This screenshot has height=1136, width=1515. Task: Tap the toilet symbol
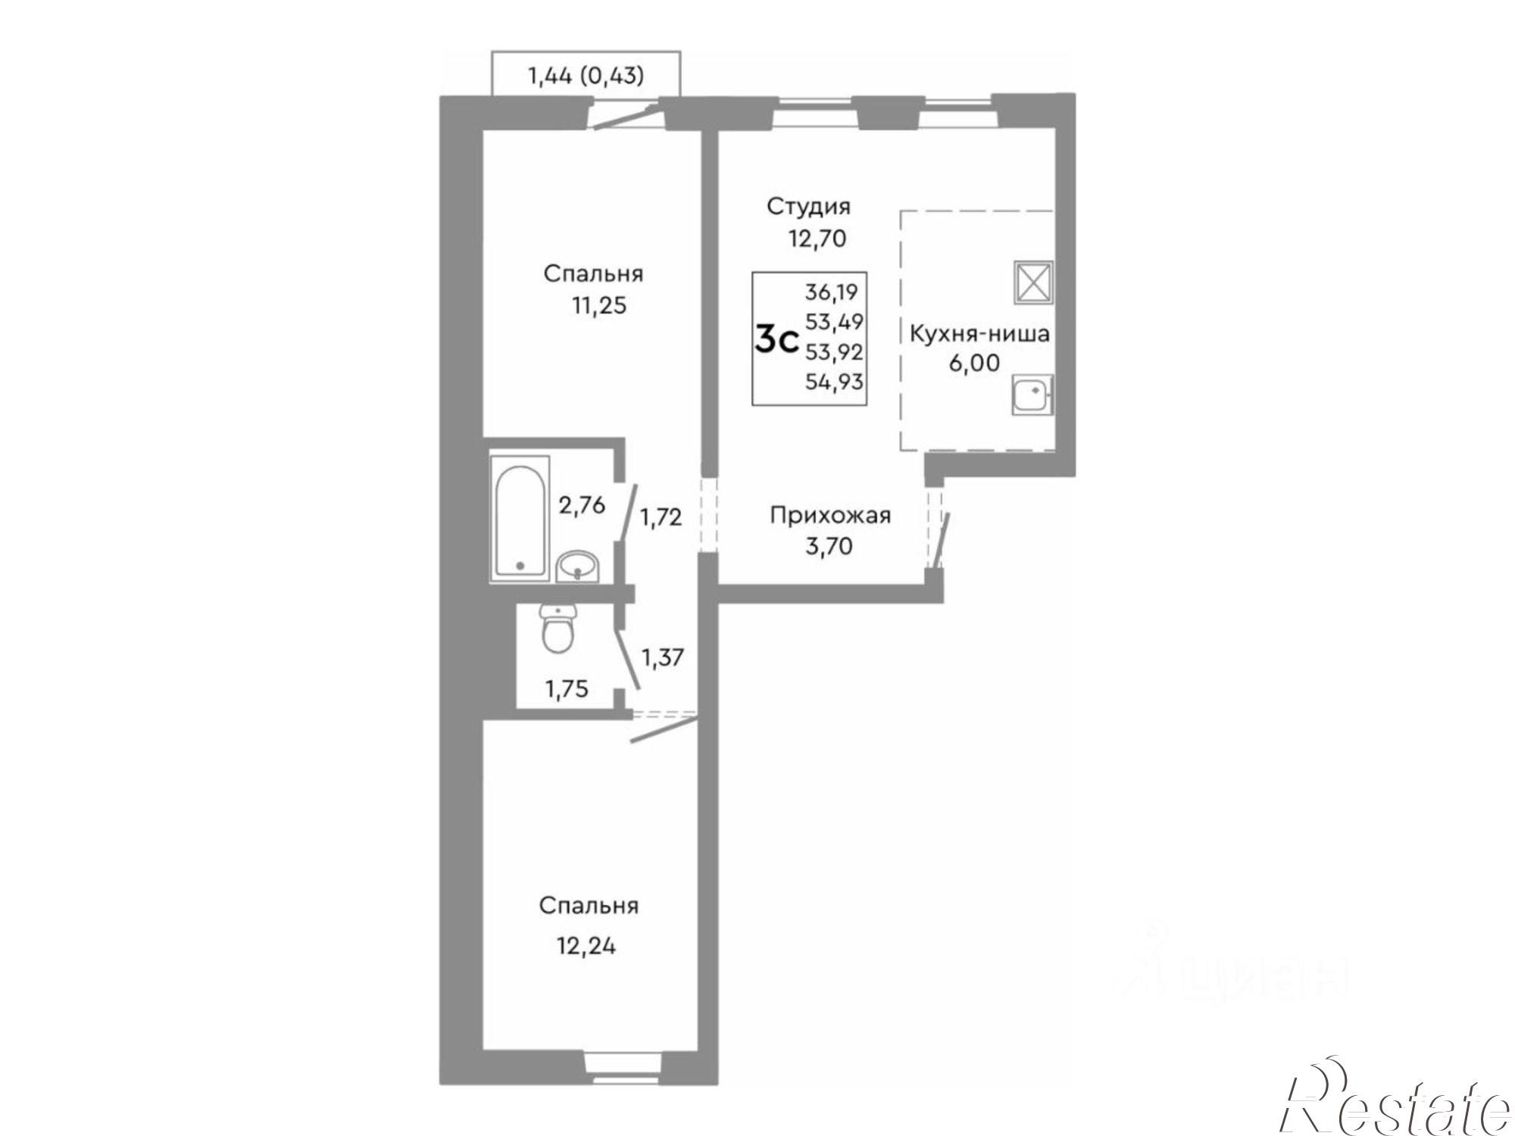point(559,629)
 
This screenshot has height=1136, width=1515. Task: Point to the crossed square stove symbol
point(1033,282)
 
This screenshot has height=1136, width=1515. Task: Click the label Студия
point(808,206)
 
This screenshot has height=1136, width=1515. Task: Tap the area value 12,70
point(817,239)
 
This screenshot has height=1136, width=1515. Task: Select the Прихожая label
point(830,516)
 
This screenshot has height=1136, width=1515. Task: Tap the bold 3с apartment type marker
point(777,342)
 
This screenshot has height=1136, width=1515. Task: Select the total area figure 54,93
point(834,382)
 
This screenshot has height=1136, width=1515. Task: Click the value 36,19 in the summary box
point(832,292)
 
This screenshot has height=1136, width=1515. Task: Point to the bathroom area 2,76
point(582,504)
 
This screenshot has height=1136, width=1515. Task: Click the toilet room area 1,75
point(567,689)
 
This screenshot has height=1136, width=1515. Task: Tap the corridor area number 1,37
point(663,657)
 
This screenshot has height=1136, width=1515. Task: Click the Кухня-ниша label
point(979,334)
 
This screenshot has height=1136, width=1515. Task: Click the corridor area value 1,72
point(661,517)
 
